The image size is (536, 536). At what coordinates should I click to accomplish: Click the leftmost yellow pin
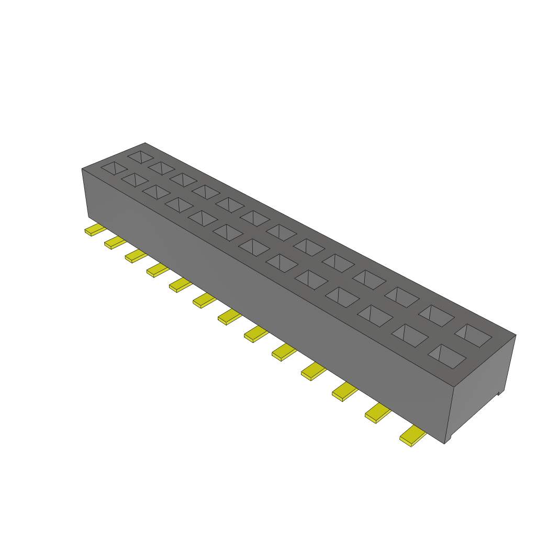coord(94,230)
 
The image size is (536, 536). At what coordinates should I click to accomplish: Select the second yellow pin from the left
coord(115,242)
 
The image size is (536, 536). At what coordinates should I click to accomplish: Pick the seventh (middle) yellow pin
coord(229,317)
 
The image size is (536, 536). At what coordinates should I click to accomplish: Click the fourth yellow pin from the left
coord(157,270)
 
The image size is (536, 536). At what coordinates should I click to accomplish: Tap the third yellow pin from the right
coord(344,392)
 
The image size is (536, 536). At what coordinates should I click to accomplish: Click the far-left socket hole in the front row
coord(114,168)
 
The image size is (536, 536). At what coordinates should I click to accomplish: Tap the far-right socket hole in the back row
coord(473,336)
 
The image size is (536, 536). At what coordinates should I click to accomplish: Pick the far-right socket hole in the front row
coord(447,355)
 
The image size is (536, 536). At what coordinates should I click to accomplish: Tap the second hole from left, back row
coord(161,168)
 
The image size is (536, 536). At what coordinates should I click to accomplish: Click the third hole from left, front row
coord(156,192)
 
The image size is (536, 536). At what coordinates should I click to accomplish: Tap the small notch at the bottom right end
coord(499,392)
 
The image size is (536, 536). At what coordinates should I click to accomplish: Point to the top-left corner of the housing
coord(82,169)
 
